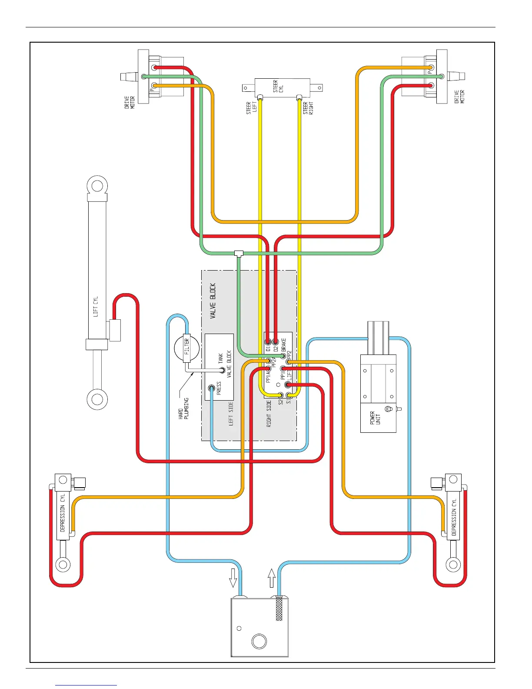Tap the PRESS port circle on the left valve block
click(x=212, y=388)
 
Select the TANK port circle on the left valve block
click(x=222, y=370)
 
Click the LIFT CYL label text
click(x=96, y=306)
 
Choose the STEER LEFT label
click(x=251, y=107)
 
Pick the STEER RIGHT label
click(x=308, y=108)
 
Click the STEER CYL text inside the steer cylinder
click(x=278, y=86)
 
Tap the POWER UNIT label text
click(x=375, y=418)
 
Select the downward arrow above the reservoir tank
click(x=233, y=577)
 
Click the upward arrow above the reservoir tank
click(x=272, y=578)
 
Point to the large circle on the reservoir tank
click(x=259, y=641)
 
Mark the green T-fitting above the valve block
click(x=239, y=253)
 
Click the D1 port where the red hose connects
click(x=268, y=342)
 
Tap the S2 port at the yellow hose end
click(x=280, y=395)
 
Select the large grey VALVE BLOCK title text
click(x=213, y=301)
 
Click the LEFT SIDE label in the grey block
click(x=231, y=413)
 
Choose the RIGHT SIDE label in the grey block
click(x=269, y=414)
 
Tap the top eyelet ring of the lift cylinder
click(x=97, y=186)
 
